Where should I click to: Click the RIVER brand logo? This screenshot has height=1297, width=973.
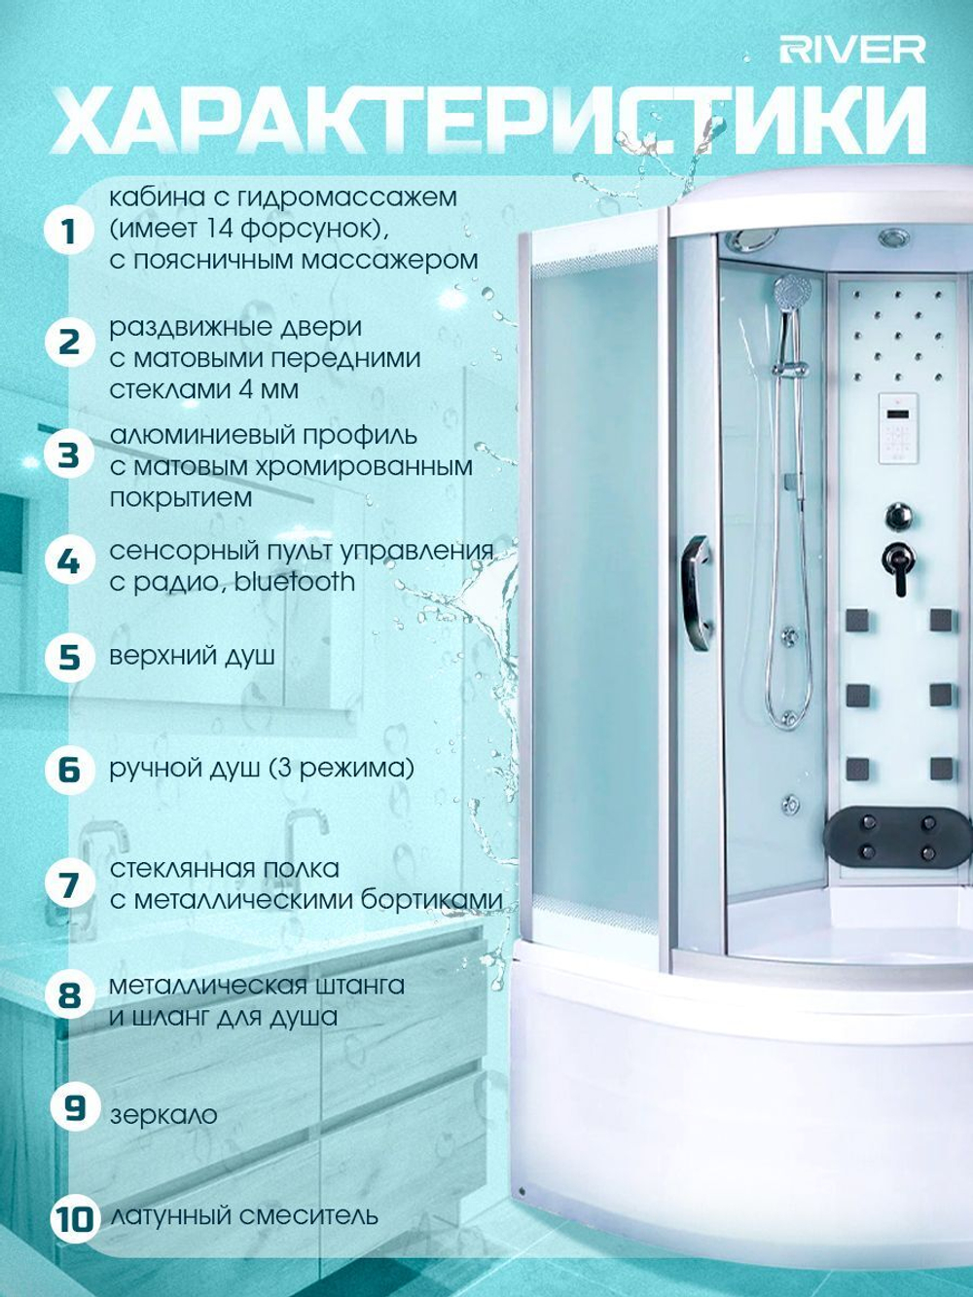[x=852, y=51]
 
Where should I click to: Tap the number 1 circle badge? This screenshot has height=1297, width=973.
[x=69, y=232]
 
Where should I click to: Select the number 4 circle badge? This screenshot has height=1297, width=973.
[x=69, y=561]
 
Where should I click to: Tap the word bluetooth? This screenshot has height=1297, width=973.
[x=295, y=582]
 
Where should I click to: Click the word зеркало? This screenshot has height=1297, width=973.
[x=163, y=1115]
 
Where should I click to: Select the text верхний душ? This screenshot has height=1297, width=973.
[x=193, y=657]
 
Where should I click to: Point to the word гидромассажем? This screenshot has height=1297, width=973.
[x=348, y=198]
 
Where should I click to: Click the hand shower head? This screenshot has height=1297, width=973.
[x=792, y=291]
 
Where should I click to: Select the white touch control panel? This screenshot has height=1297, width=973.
[x=899, y=428]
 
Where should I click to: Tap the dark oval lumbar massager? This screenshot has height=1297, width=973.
[x=898, y=837]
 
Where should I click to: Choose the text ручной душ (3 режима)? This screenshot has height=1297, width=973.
[x=261, y=769]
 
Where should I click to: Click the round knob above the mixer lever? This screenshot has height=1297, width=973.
[x=898, y=515]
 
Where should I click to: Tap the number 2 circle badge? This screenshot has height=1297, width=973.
[x=69, y=342]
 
